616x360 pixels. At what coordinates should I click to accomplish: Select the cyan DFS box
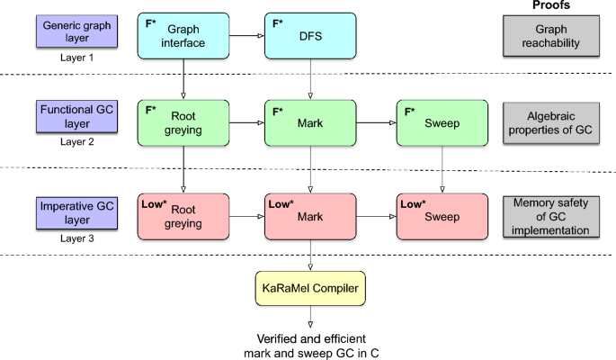click(310, 35)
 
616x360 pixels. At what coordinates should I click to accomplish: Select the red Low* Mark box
click(310, 217)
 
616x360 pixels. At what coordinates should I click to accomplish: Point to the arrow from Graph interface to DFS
click(246, 35)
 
